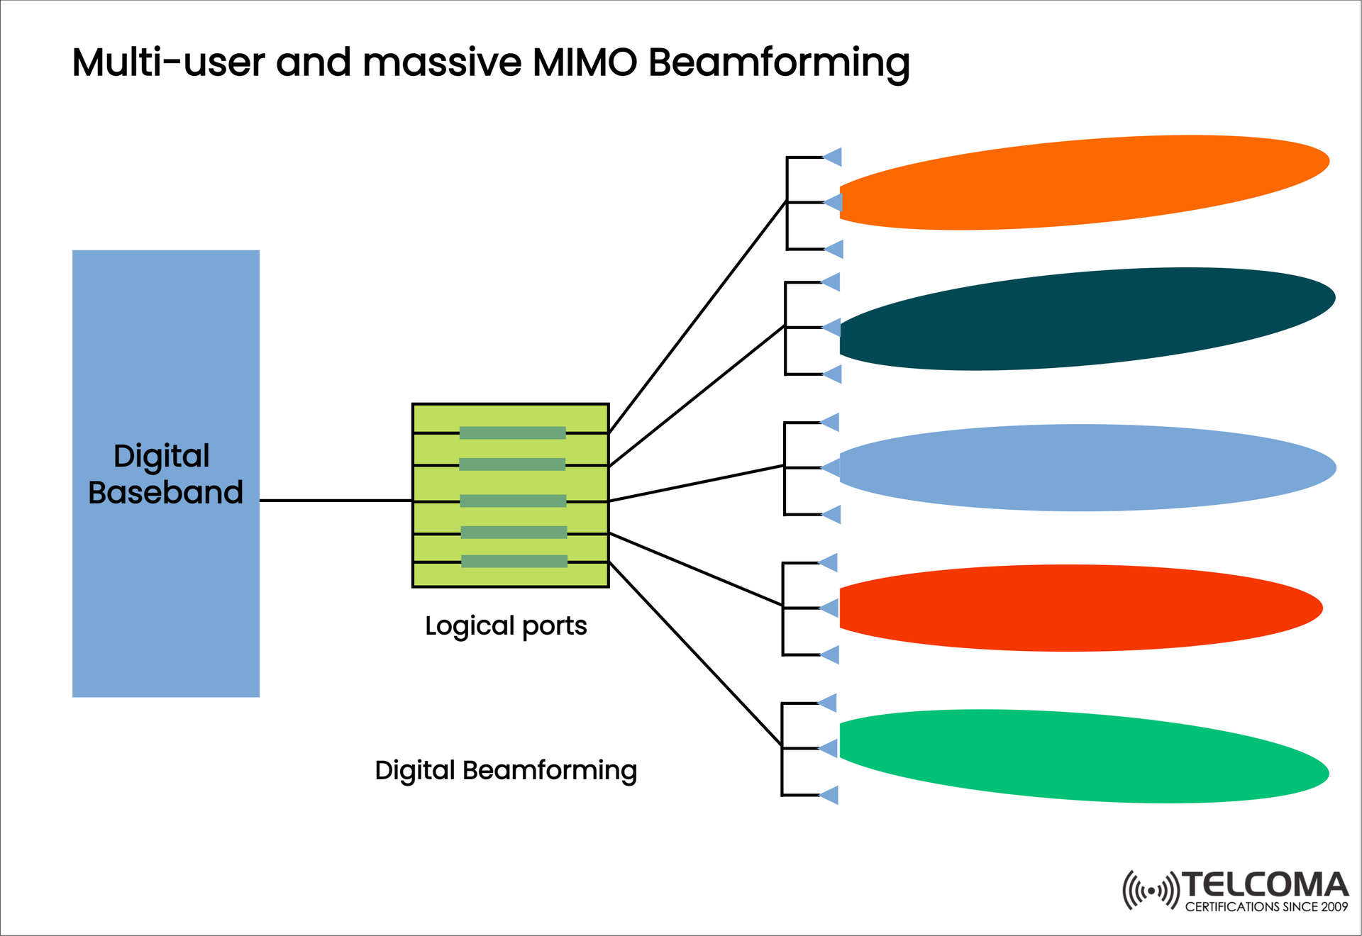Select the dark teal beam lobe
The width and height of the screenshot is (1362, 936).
pyautogui.click(x=1085, y=319)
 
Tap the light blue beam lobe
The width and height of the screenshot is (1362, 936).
pyautogui.click(x=1085, y=468)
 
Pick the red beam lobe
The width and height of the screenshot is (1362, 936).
pyautogui.click(x=1078, y=608)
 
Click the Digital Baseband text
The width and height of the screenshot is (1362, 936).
pyautogui.click(x=165, y=474)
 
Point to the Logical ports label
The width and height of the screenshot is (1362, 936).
pyautogui.click(x=506, y=626)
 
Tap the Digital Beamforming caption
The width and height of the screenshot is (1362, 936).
pyautogui.click(x=506, y=770)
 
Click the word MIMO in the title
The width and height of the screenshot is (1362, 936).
pyautogui.click(x=585, y=62)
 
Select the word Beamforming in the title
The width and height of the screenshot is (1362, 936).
pyautogui.click(x=778, y=62)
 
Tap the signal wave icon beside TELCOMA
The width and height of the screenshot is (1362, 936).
pyautogui.click(x=1150, y=890)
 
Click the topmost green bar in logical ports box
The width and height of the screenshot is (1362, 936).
pyautogui.click(x=512, y=433)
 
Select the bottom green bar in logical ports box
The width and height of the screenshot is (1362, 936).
pyautogui.click(x=514, y=562)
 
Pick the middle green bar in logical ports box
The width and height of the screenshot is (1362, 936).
pyautogui.click(x=512, y=501)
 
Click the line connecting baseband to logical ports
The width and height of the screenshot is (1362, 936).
pyautogui.click(x=335, y=501)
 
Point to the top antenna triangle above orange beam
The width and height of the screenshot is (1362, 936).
pyautogui.click(x=833, y=157)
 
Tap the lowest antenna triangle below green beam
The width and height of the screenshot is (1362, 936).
pyautogui.click(x=829, y=795)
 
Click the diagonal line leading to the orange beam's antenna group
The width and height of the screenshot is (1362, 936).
pyautogui.click(x=697, y=317)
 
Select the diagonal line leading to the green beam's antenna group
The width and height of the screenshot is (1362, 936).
pyautogui.click(x=695, y=654)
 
